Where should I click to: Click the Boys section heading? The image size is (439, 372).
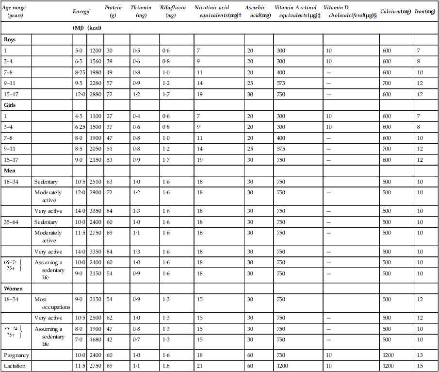point(10,39)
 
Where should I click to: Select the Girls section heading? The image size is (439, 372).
point(10,105)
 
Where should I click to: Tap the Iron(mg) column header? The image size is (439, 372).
point(425,11)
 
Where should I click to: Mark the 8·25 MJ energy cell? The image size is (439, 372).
point(80,72)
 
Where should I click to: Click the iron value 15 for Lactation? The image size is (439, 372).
point(419,365)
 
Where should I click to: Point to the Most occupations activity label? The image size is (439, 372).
point(52,303)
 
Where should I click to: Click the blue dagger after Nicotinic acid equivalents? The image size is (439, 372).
point(240,16)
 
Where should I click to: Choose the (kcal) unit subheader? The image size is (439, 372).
point(94,28)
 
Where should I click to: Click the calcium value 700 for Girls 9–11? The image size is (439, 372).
point(387,149)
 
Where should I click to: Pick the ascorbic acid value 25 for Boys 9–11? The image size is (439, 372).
point(249,83)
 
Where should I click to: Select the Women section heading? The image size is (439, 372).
point(14,288)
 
